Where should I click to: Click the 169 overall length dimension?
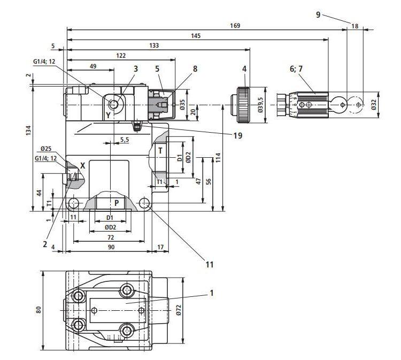click(235, 25)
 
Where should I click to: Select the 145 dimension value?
click(195, 36)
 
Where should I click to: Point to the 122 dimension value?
click(120, 56)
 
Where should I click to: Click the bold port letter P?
click(116, 203)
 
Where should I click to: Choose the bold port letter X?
click(82, 165)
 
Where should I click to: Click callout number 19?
click(237, 135)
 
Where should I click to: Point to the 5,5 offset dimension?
click(124, 140)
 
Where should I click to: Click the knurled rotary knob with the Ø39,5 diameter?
click(243, 105)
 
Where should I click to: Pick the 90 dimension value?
click(111, 247)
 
